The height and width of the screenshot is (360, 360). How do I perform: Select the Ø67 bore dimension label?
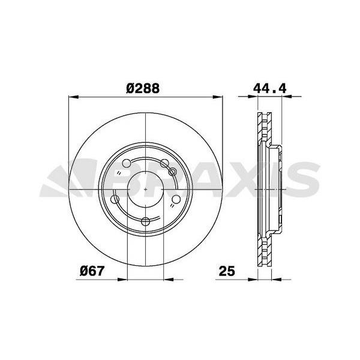tap(92, 271)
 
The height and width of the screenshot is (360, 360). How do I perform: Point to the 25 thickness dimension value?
tap(226, 271)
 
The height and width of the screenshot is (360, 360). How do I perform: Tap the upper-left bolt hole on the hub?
tap(127, 163)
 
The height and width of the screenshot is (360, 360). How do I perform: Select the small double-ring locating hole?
tap(173, 173)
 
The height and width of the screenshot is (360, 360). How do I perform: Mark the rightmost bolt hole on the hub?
tap(177, 201)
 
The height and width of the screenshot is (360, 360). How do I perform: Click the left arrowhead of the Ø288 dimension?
tap(74, 96)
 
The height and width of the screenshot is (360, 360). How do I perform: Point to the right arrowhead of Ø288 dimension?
tap(220, 96)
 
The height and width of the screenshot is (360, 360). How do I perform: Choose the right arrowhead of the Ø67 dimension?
tap(169, 278)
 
